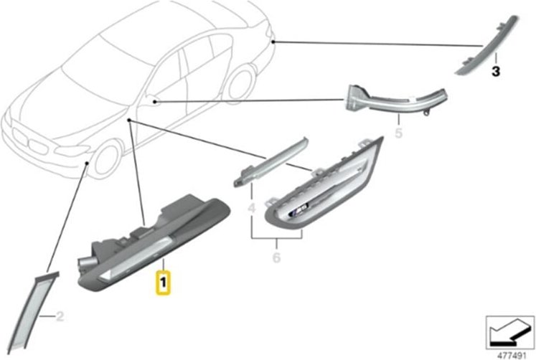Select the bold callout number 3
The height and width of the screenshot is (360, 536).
pos(495,72)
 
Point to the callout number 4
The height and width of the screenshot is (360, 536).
pos(251,208)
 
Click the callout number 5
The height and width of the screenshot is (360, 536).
pos(399,133)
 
